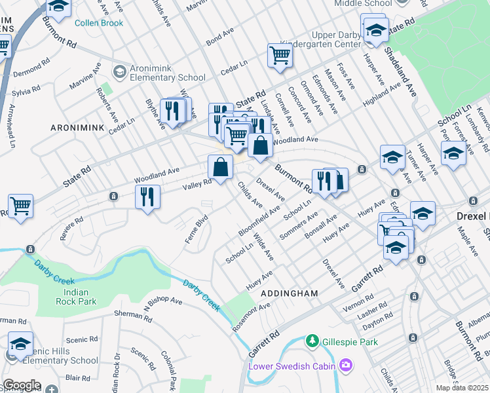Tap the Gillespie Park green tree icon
point(314,341)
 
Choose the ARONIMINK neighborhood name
point(77,129)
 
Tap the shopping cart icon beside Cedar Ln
point(280,57)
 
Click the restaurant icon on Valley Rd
point(147,197)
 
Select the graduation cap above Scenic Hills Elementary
point(21,344)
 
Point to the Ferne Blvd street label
point(196,229)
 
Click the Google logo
point(22,385)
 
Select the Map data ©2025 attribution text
point(462,388)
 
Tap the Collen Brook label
point(100,23)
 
